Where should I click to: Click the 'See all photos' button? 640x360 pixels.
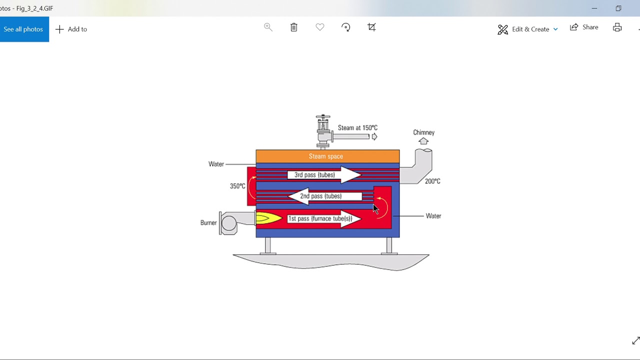23,29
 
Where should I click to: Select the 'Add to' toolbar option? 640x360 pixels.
71,29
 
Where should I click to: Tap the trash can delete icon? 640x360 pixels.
294,27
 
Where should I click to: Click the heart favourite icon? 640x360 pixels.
320,27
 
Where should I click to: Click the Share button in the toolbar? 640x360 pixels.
584,27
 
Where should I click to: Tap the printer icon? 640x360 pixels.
617,27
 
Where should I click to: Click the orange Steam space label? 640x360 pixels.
326,156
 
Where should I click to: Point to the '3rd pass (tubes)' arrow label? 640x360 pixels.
314,175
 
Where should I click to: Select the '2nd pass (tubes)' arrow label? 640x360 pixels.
320,196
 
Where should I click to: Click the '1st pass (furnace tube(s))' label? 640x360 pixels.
320,219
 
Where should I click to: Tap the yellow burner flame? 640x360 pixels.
267,218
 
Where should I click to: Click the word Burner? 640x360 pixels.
208,223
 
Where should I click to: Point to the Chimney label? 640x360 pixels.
423,132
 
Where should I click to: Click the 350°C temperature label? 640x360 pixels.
237,186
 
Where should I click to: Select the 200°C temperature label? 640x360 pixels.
432,181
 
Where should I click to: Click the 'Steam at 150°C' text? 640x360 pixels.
357,128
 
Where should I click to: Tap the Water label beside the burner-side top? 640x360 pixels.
216,164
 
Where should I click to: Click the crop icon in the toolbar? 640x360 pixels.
371,27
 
